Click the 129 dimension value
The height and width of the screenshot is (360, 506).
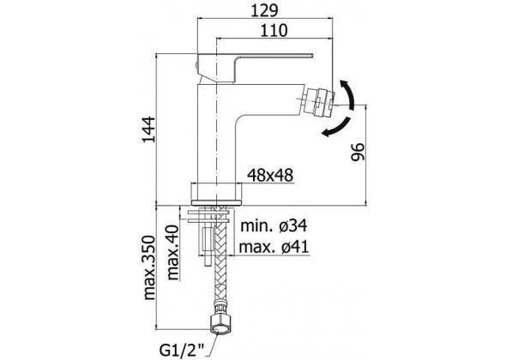click(264, 10)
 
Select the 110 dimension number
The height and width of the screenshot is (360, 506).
click(274, 31)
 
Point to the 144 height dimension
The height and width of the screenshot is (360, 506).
click(149, 129)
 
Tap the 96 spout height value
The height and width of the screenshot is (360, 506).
click(358, 152)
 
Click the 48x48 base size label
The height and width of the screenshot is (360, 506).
click(270, 176)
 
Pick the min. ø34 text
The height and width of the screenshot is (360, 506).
click(274, 225)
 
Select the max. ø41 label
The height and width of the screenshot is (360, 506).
click(274, 247)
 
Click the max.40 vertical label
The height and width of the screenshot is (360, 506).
click(172, 253)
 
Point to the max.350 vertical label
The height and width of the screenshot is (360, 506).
click(149, 267)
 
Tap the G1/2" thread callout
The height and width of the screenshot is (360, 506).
click(183, 349)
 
